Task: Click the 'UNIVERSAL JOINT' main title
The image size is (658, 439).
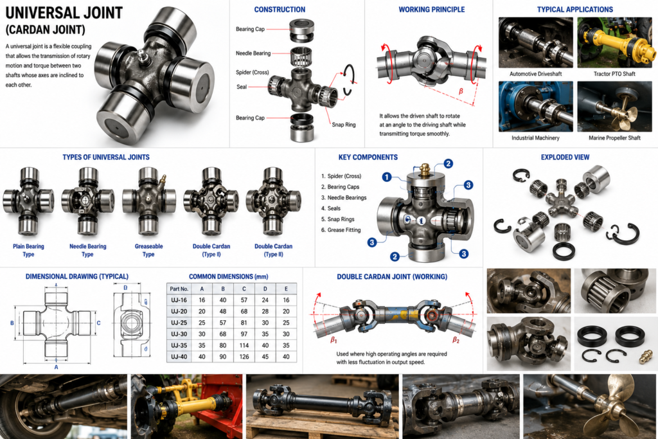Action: (x=64, y=13)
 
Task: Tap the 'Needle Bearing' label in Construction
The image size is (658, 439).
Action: (x=253, y=53)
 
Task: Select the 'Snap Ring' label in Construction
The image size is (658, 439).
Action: (x=344, y=125)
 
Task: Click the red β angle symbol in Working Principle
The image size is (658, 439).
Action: (x=461, y=91)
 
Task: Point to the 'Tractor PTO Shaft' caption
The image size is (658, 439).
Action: (x=614, y=74)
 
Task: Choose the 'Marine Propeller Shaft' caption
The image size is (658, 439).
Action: (x=614, y=138)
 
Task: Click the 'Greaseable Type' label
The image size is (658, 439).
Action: (x=148, y=250)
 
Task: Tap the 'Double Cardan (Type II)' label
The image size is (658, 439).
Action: (x=273, y=250)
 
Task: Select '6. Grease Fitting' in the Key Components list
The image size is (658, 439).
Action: (x=341, y=230)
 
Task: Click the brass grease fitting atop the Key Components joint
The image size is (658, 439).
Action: (x=425, y=170)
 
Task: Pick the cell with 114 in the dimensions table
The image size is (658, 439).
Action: (x=244, y=345)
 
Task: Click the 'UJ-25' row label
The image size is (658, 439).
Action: (x=179, y=323)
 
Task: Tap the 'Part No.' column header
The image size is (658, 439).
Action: (x=179, y=289)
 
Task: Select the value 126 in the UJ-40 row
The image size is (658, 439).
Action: (x=244, y=357)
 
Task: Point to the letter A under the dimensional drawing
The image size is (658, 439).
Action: (x=57, y=367)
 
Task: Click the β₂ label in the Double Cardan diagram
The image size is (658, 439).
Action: (x=456, y=340)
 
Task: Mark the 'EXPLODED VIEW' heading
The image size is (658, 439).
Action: (x=565, y=157)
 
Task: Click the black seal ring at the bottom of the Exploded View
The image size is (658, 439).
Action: (x=565, y=251)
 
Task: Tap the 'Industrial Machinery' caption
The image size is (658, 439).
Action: (x=535, y=138)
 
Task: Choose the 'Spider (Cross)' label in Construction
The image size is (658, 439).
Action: (x=252, y=72)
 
